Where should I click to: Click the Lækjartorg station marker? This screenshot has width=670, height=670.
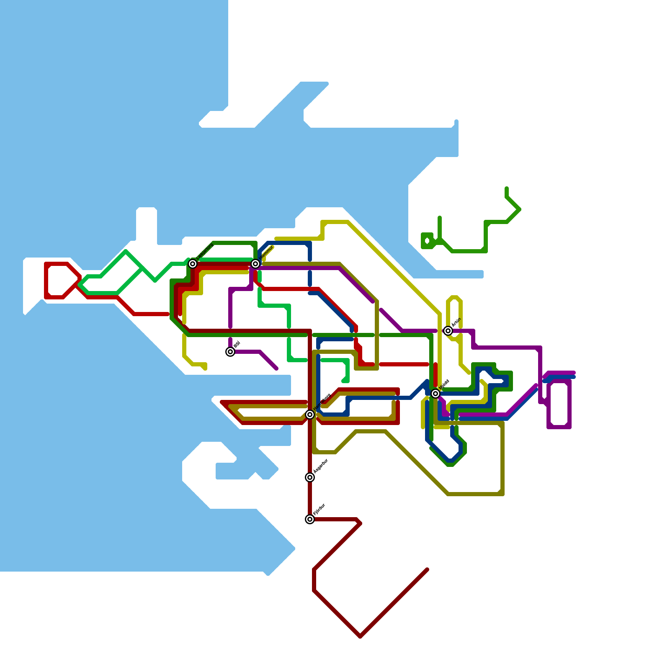193,263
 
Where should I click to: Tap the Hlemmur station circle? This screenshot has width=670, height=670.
255,263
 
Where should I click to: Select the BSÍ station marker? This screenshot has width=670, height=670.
230,352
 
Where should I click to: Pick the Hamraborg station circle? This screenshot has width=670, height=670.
310,415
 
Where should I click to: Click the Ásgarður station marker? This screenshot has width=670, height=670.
310,477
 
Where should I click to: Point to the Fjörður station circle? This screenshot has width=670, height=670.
310,519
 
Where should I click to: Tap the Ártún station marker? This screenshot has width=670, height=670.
448,331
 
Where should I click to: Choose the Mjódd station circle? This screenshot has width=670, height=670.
435,394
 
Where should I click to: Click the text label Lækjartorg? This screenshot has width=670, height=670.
205,251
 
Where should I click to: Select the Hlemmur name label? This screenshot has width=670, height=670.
267,252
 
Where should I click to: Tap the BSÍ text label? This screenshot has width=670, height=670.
237,345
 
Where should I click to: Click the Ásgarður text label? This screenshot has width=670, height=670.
321,466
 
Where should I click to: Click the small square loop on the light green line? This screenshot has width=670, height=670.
427,241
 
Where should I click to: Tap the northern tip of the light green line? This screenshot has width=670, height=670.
507,188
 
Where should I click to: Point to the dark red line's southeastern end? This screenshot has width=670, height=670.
427,569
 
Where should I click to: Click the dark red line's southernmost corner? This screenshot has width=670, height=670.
360,636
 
